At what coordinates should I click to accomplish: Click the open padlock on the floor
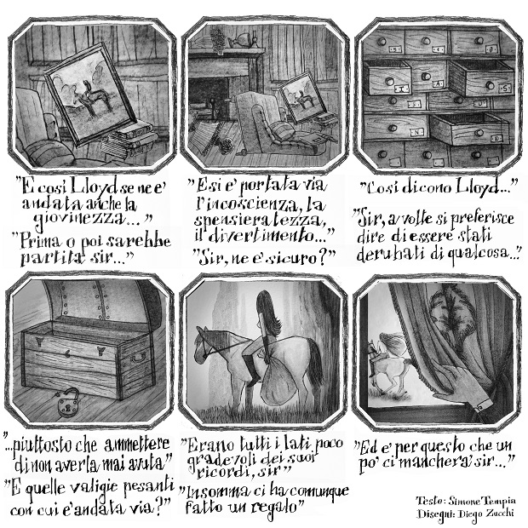69,403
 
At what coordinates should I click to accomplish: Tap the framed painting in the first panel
90,95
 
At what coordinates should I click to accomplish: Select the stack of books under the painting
129,140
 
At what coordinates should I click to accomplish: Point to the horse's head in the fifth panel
205,346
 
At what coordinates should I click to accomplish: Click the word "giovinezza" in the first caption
80,221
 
